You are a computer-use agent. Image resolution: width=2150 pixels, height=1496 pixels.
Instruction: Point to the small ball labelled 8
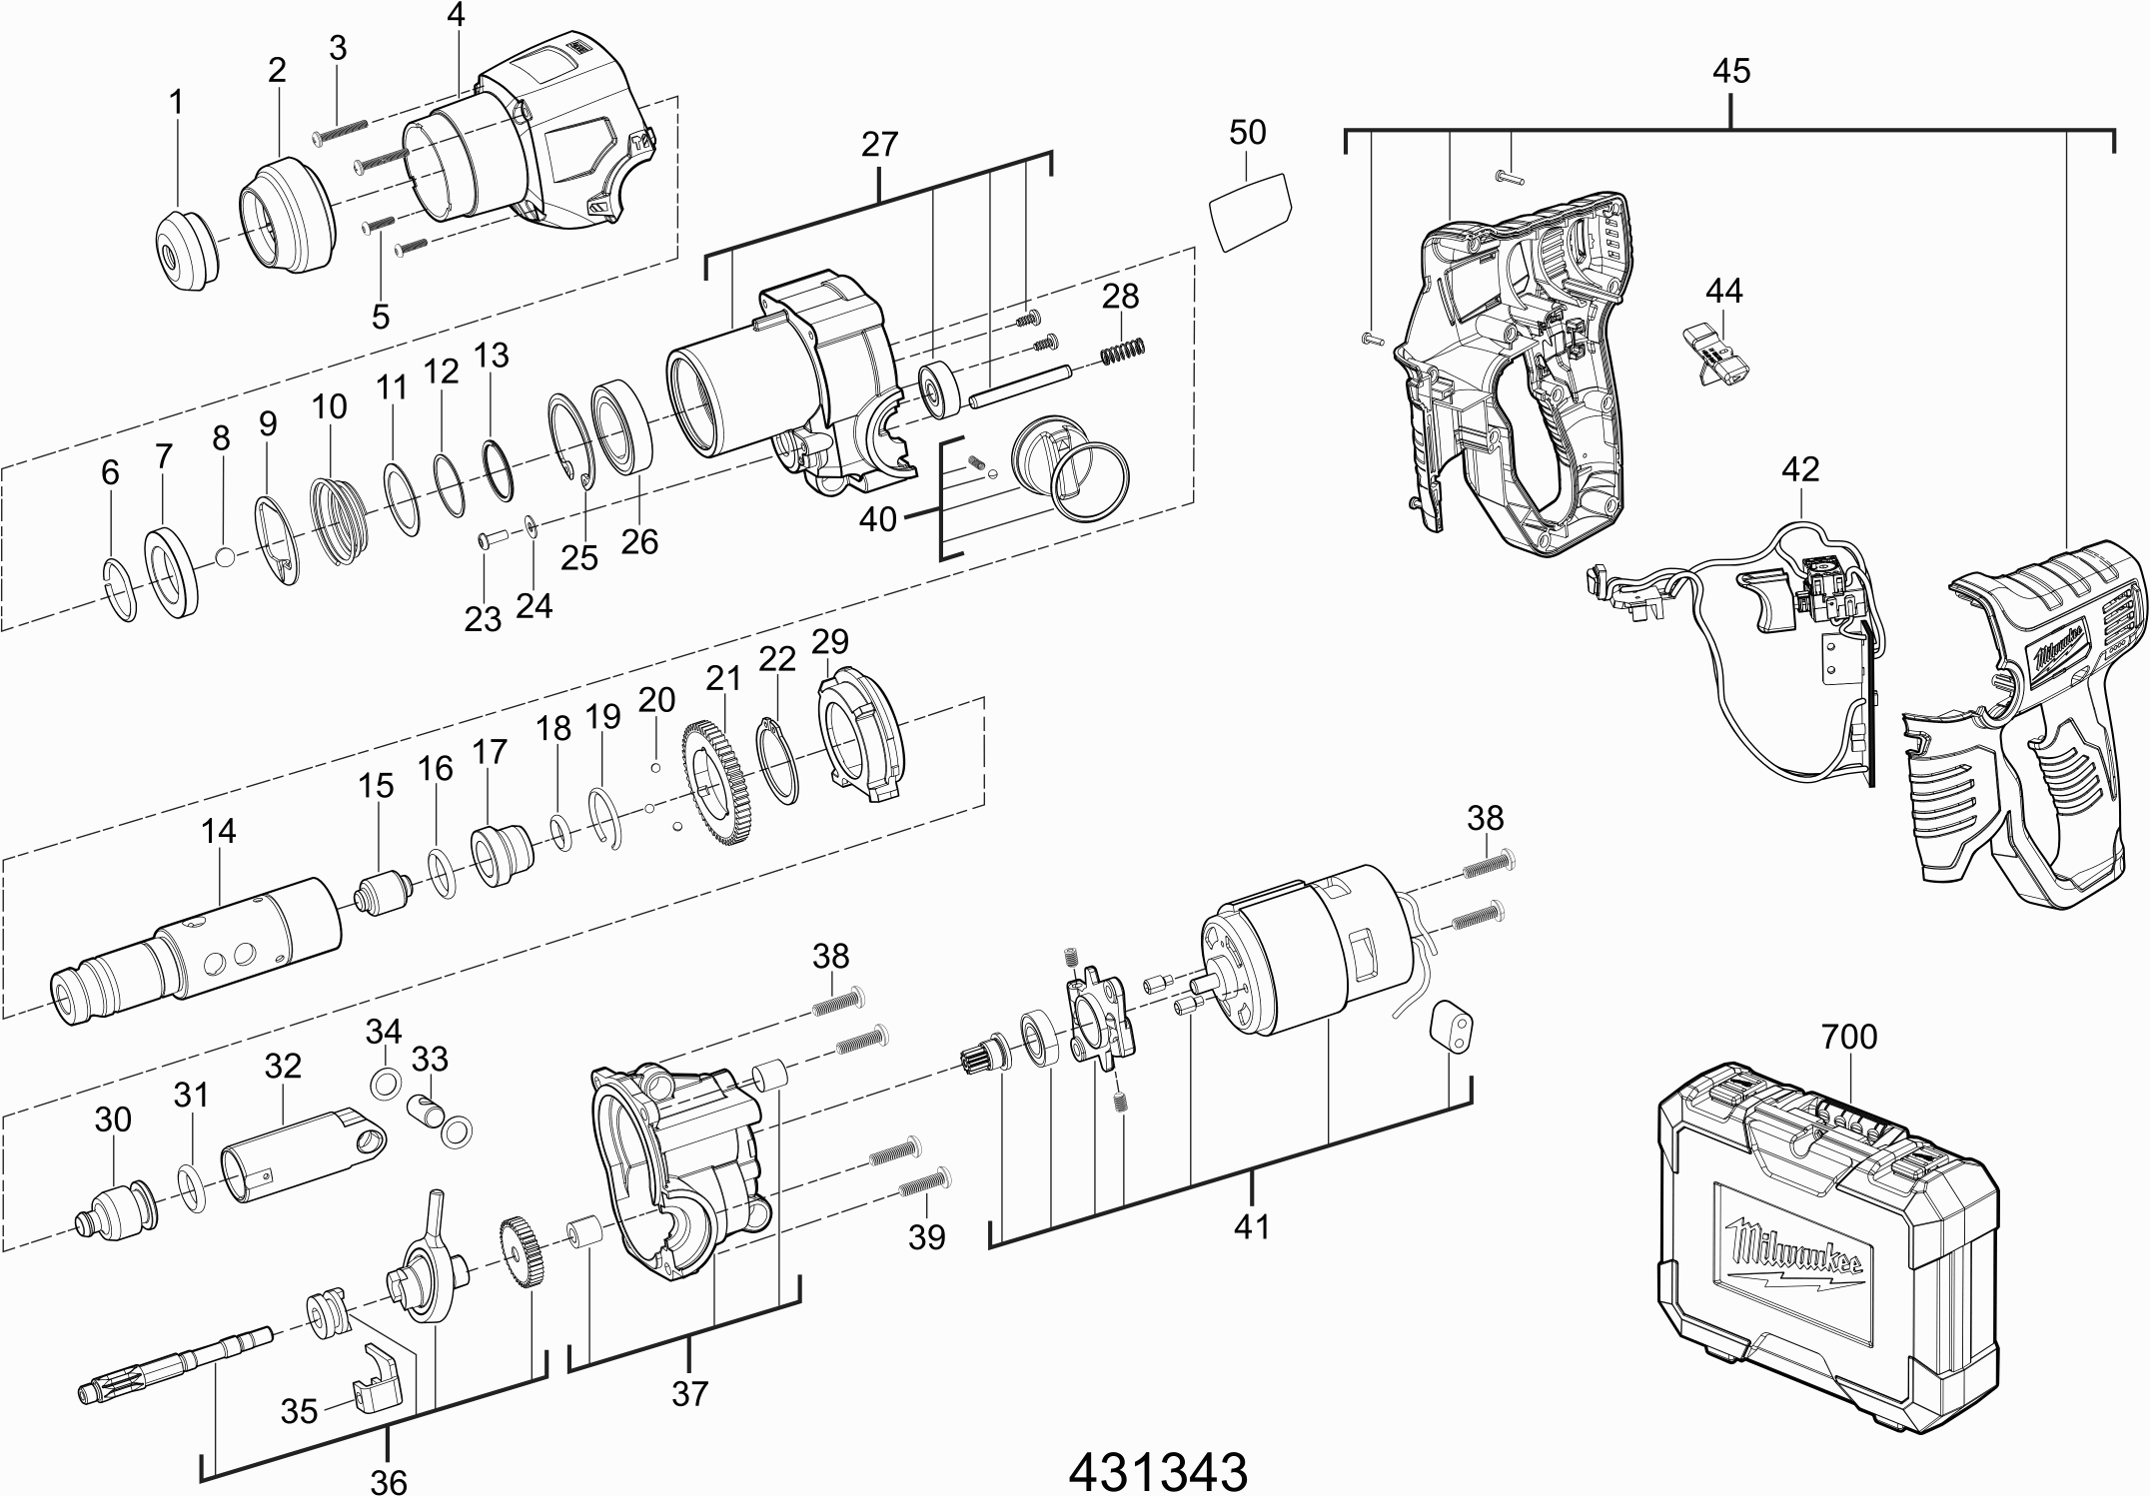pos(227,555)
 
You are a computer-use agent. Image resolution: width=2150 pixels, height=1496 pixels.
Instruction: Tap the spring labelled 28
pos(1123,350)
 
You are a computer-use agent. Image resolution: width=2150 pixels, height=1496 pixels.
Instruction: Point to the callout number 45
pos(1730,72)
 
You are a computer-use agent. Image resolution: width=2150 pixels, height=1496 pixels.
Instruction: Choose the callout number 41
pos(1251,1225)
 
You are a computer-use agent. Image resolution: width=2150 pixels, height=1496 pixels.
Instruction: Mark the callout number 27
pos(878,145)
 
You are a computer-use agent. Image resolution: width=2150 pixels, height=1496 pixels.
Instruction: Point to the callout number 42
pos(1800,470)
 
